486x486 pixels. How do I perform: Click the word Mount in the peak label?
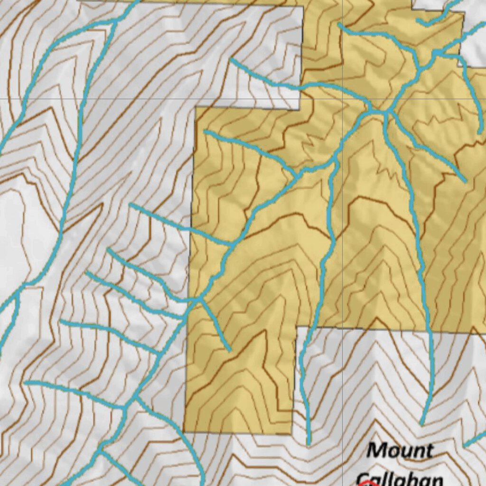tap(400, 450)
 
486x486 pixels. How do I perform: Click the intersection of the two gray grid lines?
tap(343, 99)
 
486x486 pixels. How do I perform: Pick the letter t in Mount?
tap(429, 450)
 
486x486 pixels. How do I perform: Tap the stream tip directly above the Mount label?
tap(422, 424)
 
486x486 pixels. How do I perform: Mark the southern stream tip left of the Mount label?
tap(309, 444)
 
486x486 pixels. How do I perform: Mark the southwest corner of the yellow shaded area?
tap(184, 432)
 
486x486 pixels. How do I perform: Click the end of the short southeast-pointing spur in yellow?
tap(230, 351)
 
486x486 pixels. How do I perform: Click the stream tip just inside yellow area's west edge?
tap(205, 131)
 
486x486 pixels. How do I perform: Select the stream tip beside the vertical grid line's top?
tap(340, 24)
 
